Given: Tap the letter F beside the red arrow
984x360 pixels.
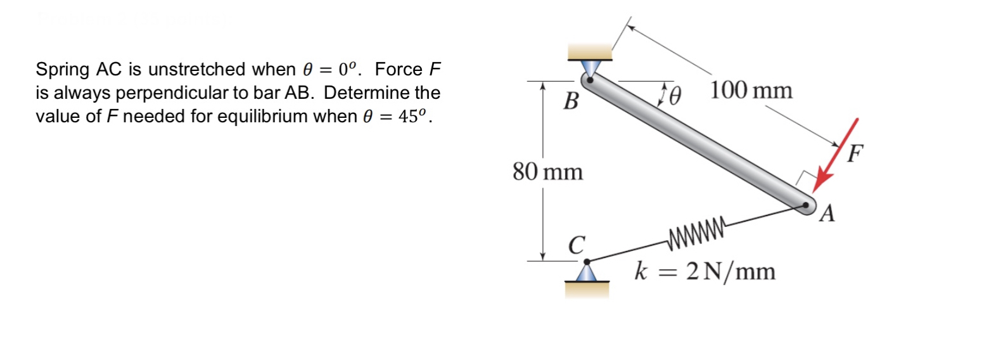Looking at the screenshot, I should coord(856,153).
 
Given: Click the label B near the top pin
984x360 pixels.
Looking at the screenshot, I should coord(570,100).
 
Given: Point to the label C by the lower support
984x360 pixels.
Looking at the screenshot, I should coord(575,245).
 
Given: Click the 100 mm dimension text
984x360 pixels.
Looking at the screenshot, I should coord(751,91).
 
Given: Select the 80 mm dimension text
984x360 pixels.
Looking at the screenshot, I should coord(547,172).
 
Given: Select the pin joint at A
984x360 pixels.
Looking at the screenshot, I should coord(806,205).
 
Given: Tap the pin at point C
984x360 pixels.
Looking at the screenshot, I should coord(587,261).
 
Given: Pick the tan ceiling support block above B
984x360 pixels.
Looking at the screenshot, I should coord(590,51).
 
